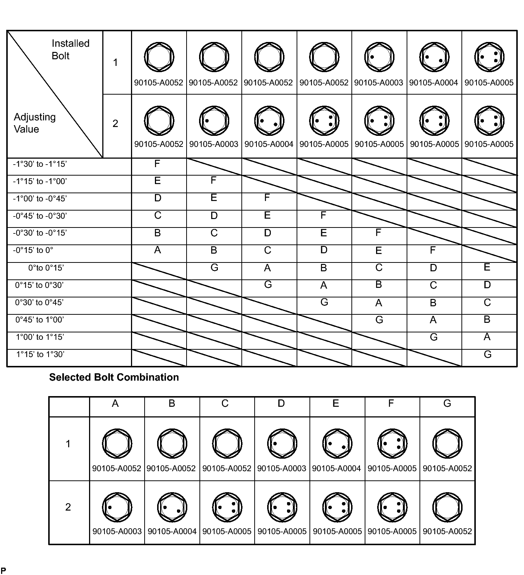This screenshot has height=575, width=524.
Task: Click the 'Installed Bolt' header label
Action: point(70,49)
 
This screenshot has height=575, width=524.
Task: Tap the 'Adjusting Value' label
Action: point(35,123)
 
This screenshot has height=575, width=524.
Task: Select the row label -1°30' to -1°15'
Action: point(40,164)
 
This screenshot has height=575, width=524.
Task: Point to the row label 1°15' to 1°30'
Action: point(40,354)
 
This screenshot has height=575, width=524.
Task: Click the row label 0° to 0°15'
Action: point(46,268)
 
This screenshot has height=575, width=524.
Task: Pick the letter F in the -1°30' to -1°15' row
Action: point(157,164)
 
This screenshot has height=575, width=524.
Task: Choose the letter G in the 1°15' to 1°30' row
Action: point(488,354)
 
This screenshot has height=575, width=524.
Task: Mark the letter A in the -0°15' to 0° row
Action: point(157,250)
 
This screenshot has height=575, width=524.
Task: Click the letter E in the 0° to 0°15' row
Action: point(487,267)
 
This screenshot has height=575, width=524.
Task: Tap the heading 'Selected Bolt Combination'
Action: point(114,377)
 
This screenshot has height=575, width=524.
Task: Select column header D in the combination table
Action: point(281,403)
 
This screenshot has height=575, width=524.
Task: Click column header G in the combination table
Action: point(447,403)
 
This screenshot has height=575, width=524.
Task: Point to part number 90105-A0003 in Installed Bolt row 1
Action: point(379,83)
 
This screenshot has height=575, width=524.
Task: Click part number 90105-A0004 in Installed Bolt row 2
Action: point(269,144)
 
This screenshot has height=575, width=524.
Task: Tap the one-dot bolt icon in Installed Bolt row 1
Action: point(379,57)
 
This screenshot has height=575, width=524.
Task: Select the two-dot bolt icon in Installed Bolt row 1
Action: point(434,57)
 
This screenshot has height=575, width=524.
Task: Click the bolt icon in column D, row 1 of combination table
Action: point(282,444)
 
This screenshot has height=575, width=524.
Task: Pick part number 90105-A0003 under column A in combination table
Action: point(117,532)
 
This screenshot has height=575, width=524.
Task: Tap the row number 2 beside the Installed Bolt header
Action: point(115,124)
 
